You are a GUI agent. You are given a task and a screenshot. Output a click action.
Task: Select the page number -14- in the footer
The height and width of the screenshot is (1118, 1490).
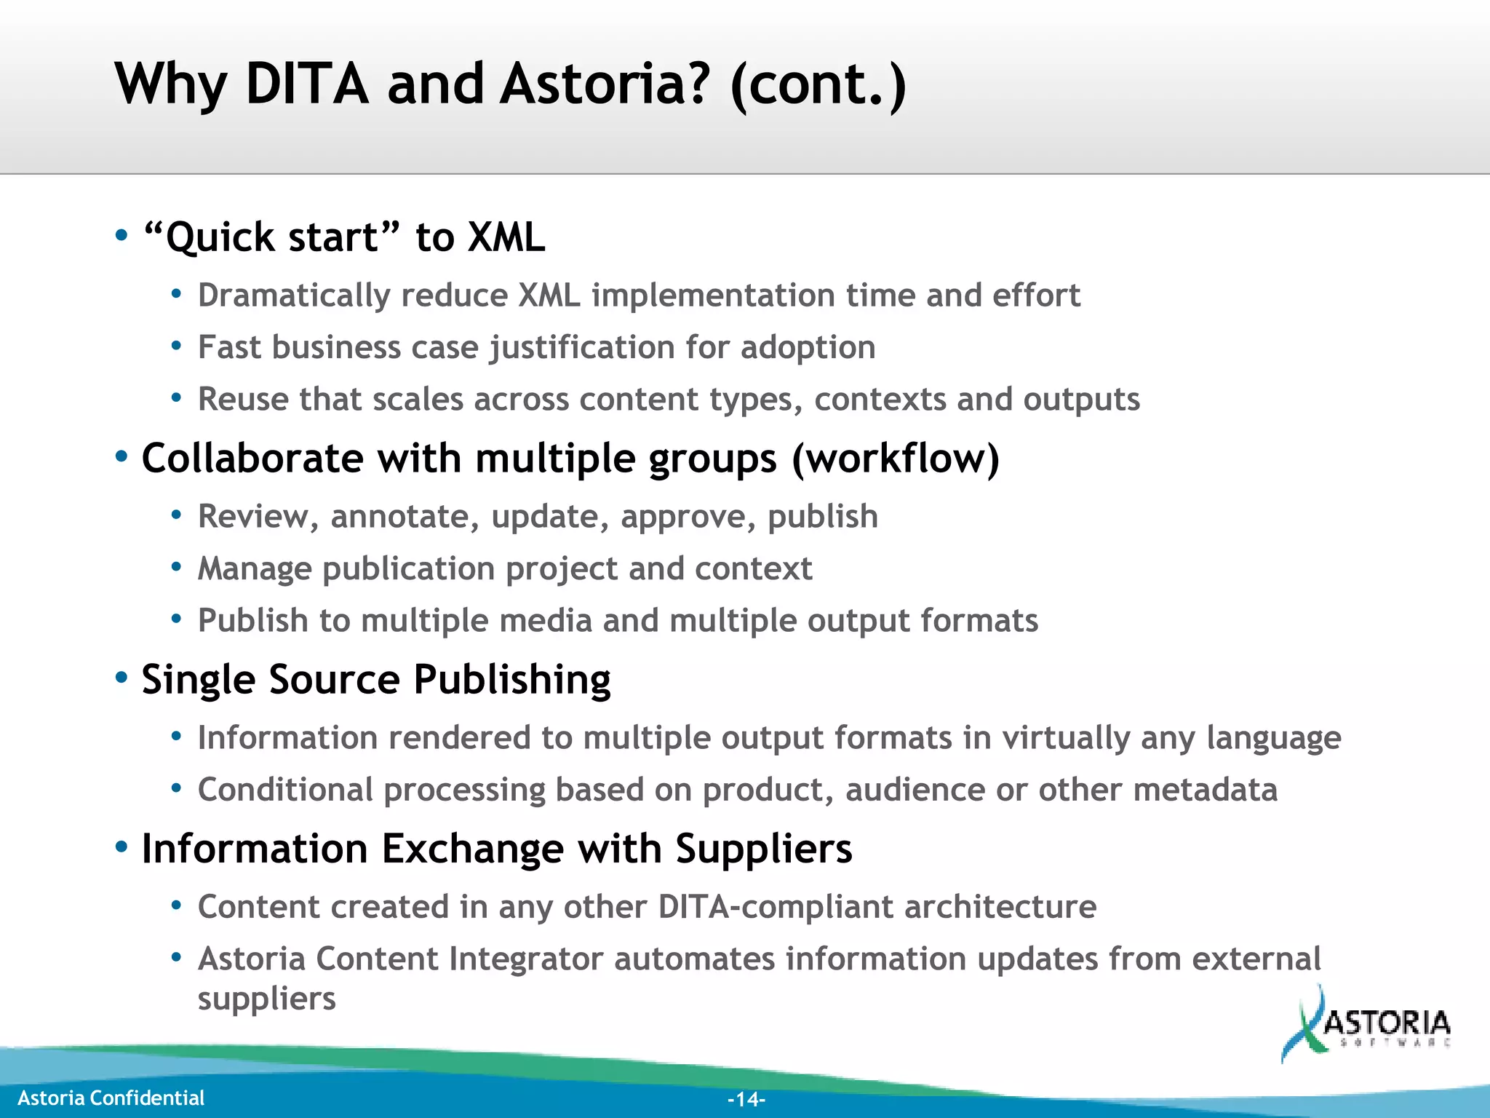[x=746, y=1099]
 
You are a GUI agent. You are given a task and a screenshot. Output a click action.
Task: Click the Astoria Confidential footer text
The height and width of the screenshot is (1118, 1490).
[x=111, y=1098]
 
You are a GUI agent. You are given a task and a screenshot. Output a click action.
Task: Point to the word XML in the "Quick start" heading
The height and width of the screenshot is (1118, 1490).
[x=506, y=237]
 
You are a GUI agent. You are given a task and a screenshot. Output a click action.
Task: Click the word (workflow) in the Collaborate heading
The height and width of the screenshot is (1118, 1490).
[x=895, y=459]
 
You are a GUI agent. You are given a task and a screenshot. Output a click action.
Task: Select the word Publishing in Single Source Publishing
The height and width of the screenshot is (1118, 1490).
[x=512, y=680]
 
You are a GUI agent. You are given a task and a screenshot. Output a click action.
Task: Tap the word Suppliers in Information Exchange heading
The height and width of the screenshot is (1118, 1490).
[x=763, y=849]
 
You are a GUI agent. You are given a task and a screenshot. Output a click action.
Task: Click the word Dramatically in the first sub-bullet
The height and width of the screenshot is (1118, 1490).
[x=294, y=296]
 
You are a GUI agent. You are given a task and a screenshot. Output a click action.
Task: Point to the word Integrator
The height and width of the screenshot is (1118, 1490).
[x=526, y=959]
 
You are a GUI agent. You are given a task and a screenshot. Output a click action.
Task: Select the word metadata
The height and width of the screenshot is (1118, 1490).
[x=1205, y=790]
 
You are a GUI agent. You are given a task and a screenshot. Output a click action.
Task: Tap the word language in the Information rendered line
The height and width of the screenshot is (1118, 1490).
[x=1273, y=738]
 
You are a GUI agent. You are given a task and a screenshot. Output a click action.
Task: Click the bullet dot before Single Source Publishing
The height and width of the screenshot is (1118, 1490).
[x=121, y=678]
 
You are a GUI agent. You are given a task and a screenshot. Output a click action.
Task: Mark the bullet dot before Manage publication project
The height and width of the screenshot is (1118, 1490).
[x=176, y=567]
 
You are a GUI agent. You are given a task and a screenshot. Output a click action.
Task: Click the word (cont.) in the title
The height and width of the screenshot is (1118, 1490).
[x=818, y=84]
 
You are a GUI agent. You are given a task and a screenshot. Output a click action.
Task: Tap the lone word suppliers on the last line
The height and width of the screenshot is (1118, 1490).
[x=266, y=999]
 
